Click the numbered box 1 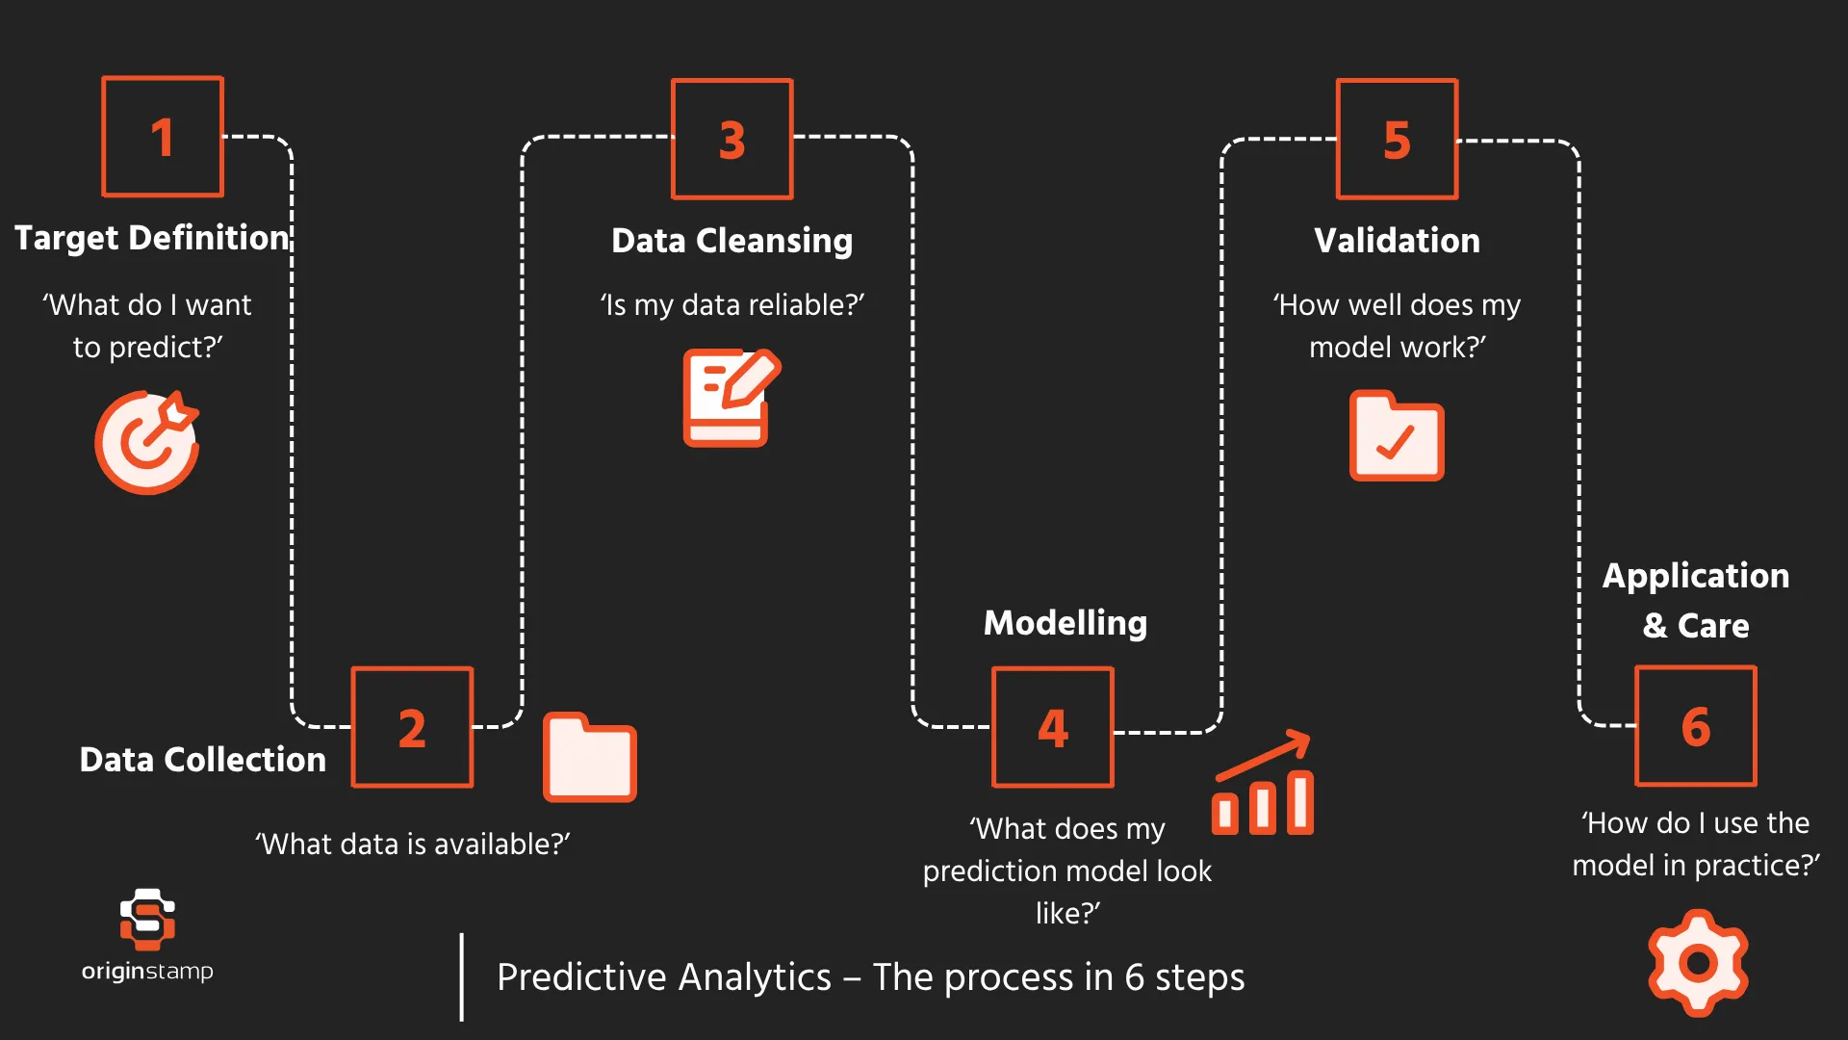coord(163,137)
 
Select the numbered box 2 coord(412,727)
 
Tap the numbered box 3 coord(731,140)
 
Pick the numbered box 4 coord(1052,727)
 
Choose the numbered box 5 coord(1397,140)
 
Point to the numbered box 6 coord(1695,726)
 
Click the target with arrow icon coord(147,442)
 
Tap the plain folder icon coord(589,758)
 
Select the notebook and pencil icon coord(730,398)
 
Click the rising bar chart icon coord(1263,784)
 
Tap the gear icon coord(1698,962)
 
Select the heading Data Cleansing coord(731,241)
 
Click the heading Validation coord(1397,241)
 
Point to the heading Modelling coord(1065,623)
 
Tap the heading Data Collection coord(202,760)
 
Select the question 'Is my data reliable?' coord(731,305)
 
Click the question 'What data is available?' coord(412,845)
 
